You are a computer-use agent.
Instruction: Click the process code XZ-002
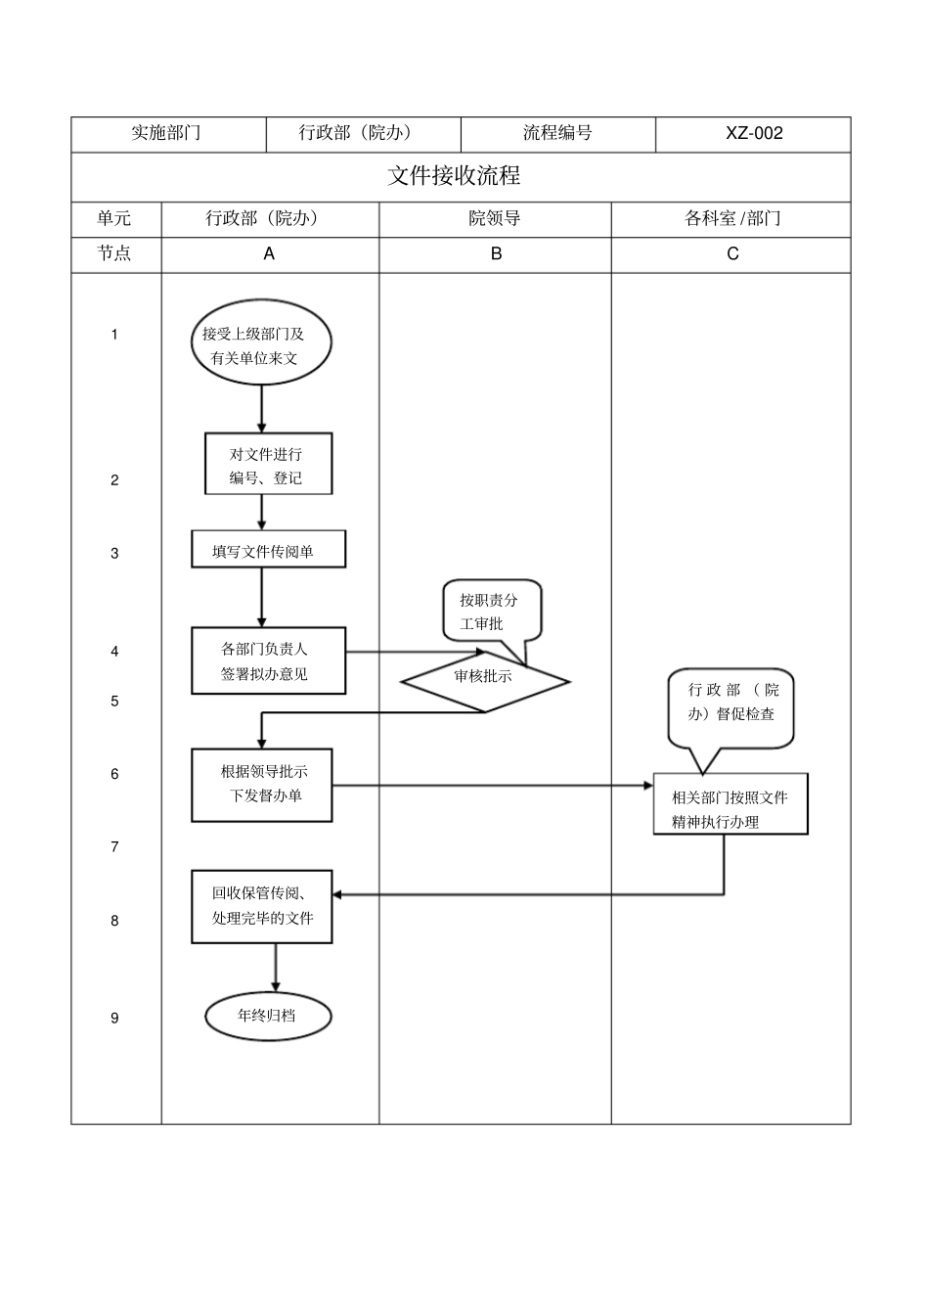tap(753, 134)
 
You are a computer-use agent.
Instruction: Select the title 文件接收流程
tap(454, 176)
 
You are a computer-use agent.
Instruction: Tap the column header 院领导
tap(495, 218)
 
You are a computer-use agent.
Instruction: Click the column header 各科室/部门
tap(731, 218)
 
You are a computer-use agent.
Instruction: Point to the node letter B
tap(496, 253)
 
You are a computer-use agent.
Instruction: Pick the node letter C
tap(732, 253)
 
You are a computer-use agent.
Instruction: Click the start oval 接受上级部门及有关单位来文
tap(260, 344)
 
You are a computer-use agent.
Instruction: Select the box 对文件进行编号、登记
tap(267, 465)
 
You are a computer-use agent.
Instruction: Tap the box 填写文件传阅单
tap(268, 551)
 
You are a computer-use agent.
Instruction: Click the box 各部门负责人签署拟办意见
tap(268, 661)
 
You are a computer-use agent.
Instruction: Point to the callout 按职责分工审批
tap(491, 612)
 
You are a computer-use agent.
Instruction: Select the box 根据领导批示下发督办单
tap(262, 785)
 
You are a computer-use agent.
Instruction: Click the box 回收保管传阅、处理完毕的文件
tap(262, 906)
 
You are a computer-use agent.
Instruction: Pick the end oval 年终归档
tap(268, 1016)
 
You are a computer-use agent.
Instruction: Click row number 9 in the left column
tap(114, 1018)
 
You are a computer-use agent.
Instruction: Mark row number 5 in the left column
tap(114, 701)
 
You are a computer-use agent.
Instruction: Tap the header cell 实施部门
tap(167, 134)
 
